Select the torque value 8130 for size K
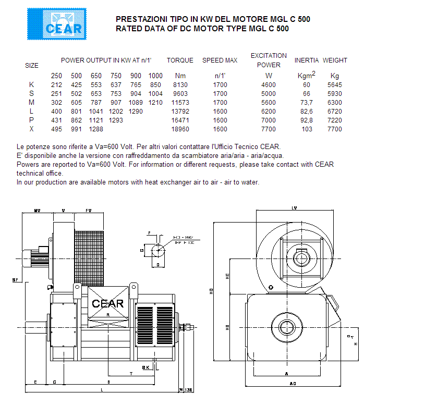[179, 84]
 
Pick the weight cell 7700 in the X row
[334, 129]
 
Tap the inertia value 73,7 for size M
[306, 102]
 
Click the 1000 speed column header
[155, 76]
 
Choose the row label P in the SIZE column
[32, 120]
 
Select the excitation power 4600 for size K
[268, 84]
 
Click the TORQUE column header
[180, 60]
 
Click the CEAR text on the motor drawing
[107, 303]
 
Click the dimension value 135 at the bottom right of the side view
[188, 389]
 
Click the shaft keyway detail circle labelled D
[158, 251]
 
